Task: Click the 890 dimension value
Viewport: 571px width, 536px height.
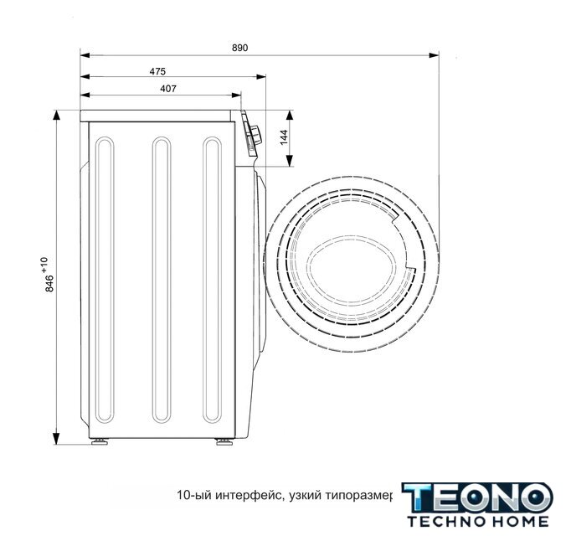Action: tap(240, 48)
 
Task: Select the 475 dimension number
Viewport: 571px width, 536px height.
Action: tap(157, 71)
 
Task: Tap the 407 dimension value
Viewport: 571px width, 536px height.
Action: tap(168, 89)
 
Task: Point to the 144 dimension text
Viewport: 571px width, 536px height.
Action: tap(285, 137)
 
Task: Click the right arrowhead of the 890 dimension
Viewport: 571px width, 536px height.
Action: tap(434, 55)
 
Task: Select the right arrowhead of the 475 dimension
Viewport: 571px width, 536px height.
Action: tap(261, 77)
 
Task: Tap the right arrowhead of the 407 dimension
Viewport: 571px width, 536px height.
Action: tap(236, 95)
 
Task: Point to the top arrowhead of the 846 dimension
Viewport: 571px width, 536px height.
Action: tap(56, 115)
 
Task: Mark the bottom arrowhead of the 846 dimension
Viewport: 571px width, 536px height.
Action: tap(56, 440)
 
